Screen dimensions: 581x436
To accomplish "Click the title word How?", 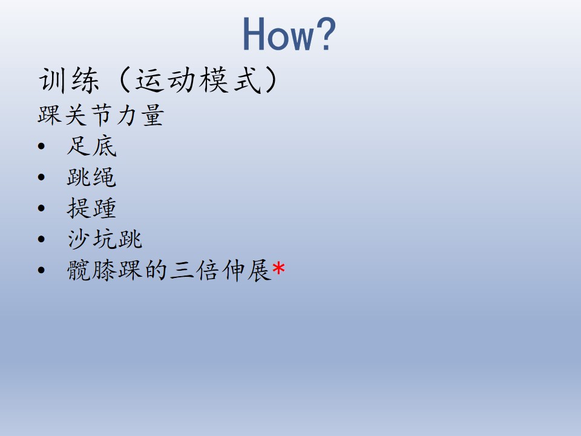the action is (x=289, y=33).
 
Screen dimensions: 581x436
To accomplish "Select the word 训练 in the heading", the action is (x=69, y=80).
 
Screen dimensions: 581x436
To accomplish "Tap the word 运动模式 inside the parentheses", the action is (x=198, y=80).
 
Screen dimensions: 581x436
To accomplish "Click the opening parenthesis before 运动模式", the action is (x=124, y=80).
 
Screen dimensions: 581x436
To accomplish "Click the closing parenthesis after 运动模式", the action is (x=271, y=80).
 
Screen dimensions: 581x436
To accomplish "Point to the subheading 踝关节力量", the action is (x=100, y=115).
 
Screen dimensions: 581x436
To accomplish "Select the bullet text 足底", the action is (x=91, y=146).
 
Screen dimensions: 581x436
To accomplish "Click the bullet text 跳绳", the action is (x=91, y=177).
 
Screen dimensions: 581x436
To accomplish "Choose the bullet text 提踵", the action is (x=91, y=208).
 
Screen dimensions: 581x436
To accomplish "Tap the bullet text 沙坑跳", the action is (x=105, y=239).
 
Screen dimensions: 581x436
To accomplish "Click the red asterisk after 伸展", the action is (x=278, y=268).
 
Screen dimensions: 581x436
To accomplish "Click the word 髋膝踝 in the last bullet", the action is (x=105, y=270).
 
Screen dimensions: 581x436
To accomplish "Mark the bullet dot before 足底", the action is (x=41, y=146).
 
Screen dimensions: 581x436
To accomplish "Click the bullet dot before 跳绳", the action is (x=41, y=177).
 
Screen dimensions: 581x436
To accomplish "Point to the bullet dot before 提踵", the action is (x=41, y=208).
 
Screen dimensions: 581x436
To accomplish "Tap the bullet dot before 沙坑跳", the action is (x=41, y=239).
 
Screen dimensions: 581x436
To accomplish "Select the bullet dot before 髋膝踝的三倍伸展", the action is (x=41, y=270).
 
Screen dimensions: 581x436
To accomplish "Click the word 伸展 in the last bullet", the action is (x=246, y=270).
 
